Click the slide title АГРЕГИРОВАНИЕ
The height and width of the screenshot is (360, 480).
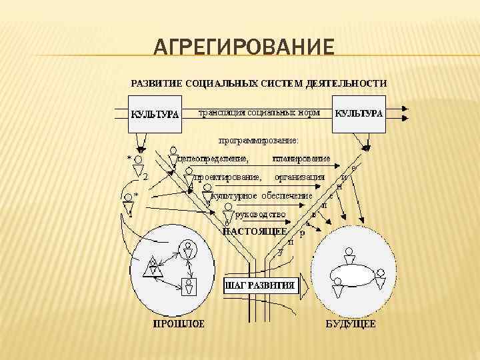[x=243, y=48]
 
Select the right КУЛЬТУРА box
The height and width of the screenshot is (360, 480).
[x=359, y=113]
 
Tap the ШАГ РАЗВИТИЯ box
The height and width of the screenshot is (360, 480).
[x=259, y=285]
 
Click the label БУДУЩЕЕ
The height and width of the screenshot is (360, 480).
[x=350, y=325]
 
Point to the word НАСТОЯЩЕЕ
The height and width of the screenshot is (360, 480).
[x=255, y=231]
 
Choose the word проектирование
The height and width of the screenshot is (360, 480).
[x=227, y=177]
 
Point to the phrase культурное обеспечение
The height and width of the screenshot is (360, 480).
[x=261, y=196]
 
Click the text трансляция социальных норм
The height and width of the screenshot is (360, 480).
[x=256, y=113]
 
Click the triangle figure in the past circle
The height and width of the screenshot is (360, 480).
[x=153, y=267]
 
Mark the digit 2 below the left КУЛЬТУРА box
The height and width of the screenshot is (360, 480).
[x=145, y=177]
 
